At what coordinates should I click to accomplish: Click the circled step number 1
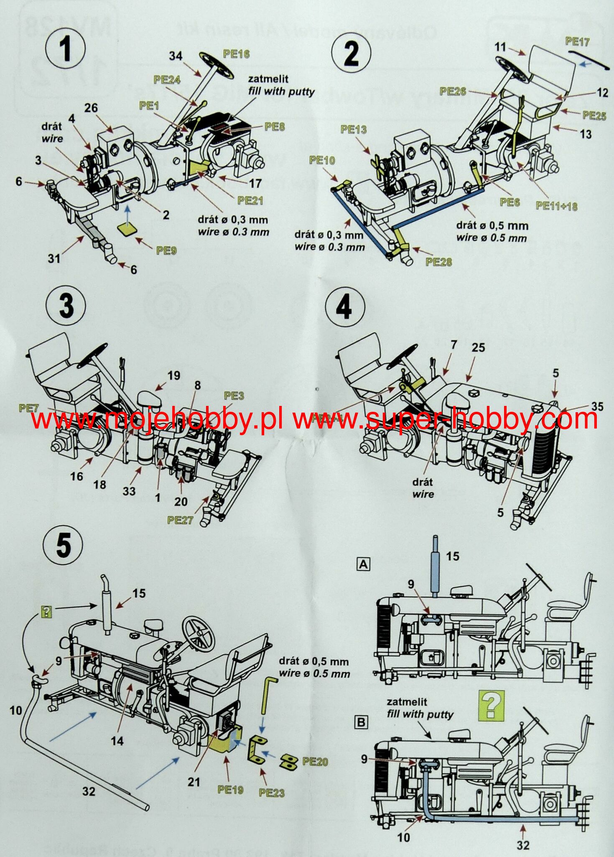(x=66, y=51)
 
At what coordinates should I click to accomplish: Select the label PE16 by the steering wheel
(x=236, y=54)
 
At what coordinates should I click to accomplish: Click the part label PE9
(x=166, y=250)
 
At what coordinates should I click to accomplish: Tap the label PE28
(x=439, y=262)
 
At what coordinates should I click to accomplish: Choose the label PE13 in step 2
(x=354, y=130)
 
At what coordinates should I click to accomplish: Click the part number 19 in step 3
(x=174, y=375)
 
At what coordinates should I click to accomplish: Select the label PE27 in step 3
(x=180, y=520)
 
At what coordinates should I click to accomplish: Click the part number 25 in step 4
(x=479, y=347)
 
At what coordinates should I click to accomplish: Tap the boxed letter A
(x=363, y=564)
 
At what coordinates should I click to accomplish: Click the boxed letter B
(x=362, y=722)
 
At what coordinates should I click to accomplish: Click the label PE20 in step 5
(x=315, y=761)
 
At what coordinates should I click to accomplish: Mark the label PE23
(x=272, y=792)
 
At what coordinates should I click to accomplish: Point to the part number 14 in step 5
(x=117, y=741)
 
